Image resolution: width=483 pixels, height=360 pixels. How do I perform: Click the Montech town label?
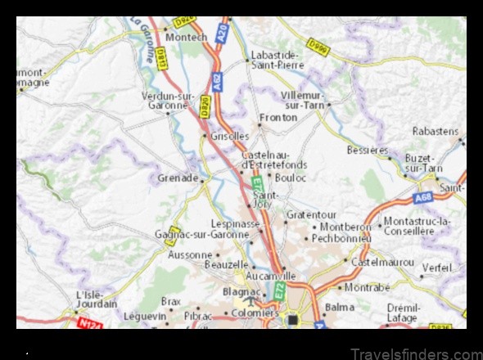[x=186, y=38]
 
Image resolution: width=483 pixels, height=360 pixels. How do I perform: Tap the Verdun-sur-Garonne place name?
[x=167, y=100]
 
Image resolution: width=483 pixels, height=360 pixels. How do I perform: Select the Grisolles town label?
[x=230, y=136]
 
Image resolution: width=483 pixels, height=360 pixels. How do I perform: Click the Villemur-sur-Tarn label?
[x=303, y=100]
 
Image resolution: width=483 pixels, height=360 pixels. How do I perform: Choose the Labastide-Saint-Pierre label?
[x=275, y=59]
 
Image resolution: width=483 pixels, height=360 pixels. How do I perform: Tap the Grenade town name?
[x=177, y=178]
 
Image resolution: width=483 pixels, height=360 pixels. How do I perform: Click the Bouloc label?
[x=291, y=177]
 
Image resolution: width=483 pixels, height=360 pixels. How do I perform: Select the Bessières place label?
[x=368, y=151]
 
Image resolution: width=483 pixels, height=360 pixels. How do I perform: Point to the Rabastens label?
[x=435, y=131]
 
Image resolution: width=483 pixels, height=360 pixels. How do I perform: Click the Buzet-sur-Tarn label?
[x=423, y=163]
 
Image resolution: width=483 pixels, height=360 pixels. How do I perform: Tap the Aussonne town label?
[x=189, y=255]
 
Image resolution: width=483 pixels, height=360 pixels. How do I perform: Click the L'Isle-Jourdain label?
[x=96, y=299]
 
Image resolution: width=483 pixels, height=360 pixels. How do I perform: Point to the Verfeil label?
[x=437, y=268]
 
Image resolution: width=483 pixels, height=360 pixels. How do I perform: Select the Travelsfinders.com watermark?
[x=416, y=353]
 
